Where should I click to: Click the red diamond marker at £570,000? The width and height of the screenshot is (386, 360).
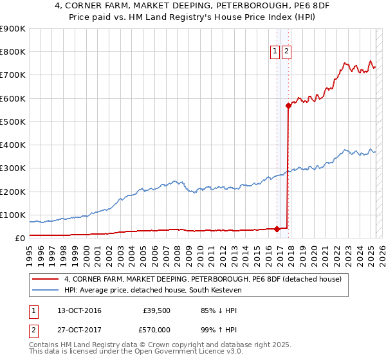point(289,106)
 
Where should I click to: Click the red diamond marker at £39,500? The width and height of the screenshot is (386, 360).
point(277,228)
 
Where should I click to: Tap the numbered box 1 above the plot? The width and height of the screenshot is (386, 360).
point(275,53)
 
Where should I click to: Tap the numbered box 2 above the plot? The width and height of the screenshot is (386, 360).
point(286,53)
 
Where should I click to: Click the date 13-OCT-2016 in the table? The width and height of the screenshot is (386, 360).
point(79,311)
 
